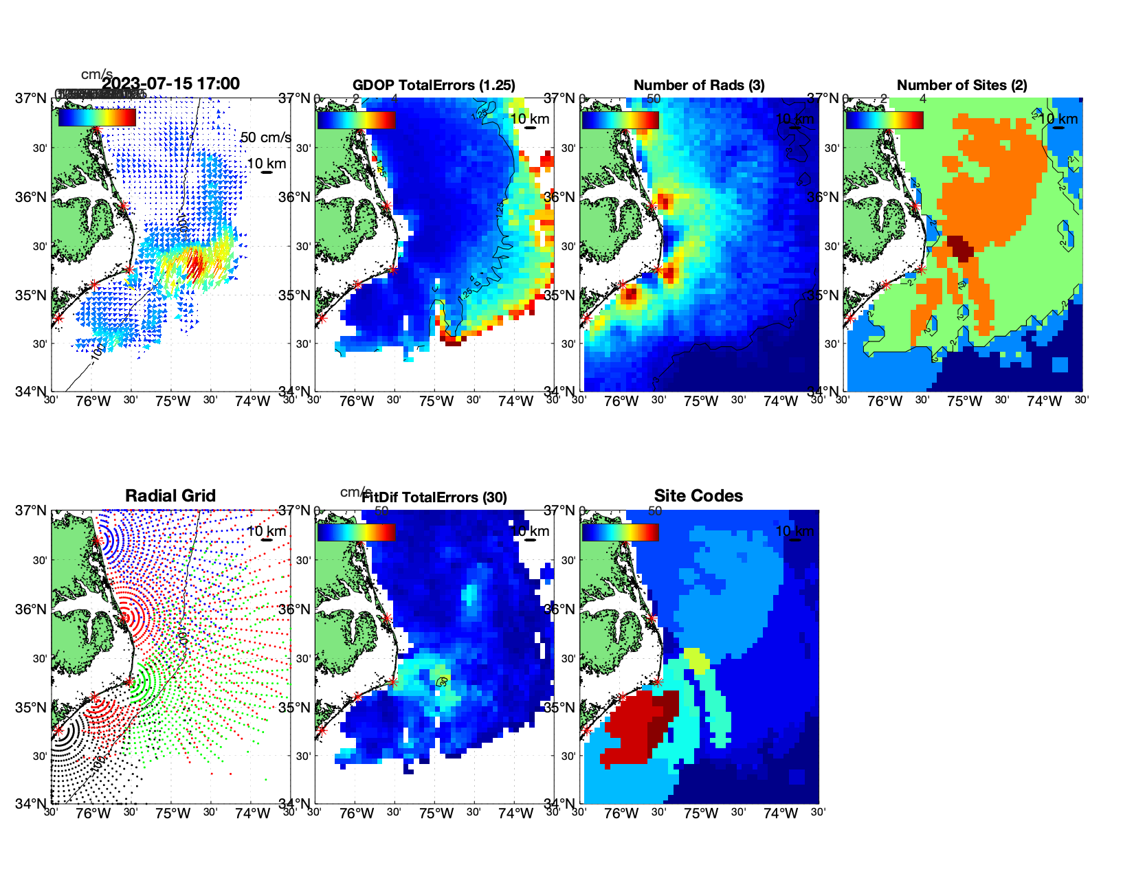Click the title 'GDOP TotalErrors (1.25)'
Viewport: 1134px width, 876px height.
(x=434, y=85)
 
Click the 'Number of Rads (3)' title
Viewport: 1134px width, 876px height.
(x=698, y=85)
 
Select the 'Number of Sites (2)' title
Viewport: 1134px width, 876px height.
(x=961, y=85)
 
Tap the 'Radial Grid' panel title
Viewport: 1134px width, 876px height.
(x=170, y=496)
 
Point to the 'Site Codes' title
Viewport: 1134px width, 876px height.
(x=698, y=496)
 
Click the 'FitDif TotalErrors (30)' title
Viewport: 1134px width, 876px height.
(x=434, y=497)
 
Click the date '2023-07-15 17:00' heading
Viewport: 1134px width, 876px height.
(x=171, y=84)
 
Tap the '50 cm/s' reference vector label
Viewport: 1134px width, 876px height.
(x=265, y=137)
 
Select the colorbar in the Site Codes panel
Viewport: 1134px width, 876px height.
(x=621, y=532)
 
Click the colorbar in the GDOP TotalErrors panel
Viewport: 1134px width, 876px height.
(x=357, y=120)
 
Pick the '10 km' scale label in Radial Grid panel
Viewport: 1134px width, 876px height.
(x=266, y=531)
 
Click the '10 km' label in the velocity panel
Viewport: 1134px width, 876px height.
(x=266, y=164)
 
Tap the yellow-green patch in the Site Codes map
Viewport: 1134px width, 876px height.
(x=697, y=660)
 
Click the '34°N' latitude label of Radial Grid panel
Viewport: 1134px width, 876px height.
(x=31, y=803)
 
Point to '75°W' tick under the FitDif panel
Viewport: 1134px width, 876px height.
(x=436, y=813)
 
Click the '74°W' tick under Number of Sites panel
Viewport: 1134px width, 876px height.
(x=1044, y=401)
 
